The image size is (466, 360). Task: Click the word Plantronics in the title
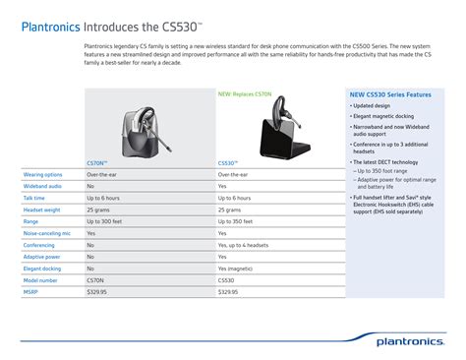pos(51,25)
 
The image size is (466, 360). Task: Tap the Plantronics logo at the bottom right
pos(415,340)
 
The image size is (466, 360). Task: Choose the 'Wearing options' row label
pos(43,173)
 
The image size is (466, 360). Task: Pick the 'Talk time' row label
pos(34,198)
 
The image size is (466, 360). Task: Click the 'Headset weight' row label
pos(41,210)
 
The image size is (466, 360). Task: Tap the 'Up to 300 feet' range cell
pos(107,221)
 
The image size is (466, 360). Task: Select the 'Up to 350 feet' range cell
pos(239,221)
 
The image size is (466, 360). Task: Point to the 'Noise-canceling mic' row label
pos(46,233)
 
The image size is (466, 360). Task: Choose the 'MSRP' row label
pos(30,292)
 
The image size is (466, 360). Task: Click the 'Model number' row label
pos(40,280)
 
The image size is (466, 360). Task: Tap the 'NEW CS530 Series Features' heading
pos(390,95)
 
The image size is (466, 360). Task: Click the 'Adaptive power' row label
pos(41,257)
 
